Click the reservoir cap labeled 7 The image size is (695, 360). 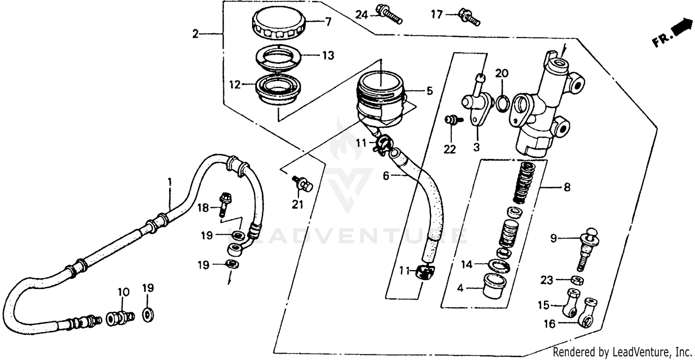click(x=277, y=26)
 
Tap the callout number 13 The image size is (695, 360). click(x=328, y=56)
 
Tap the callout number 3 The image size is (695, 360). click(x=476, y=147)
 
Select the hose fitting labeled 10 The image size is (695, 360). click(x=120, y=318)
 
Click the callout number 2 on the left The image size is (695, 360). click(x=196, y=34)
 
